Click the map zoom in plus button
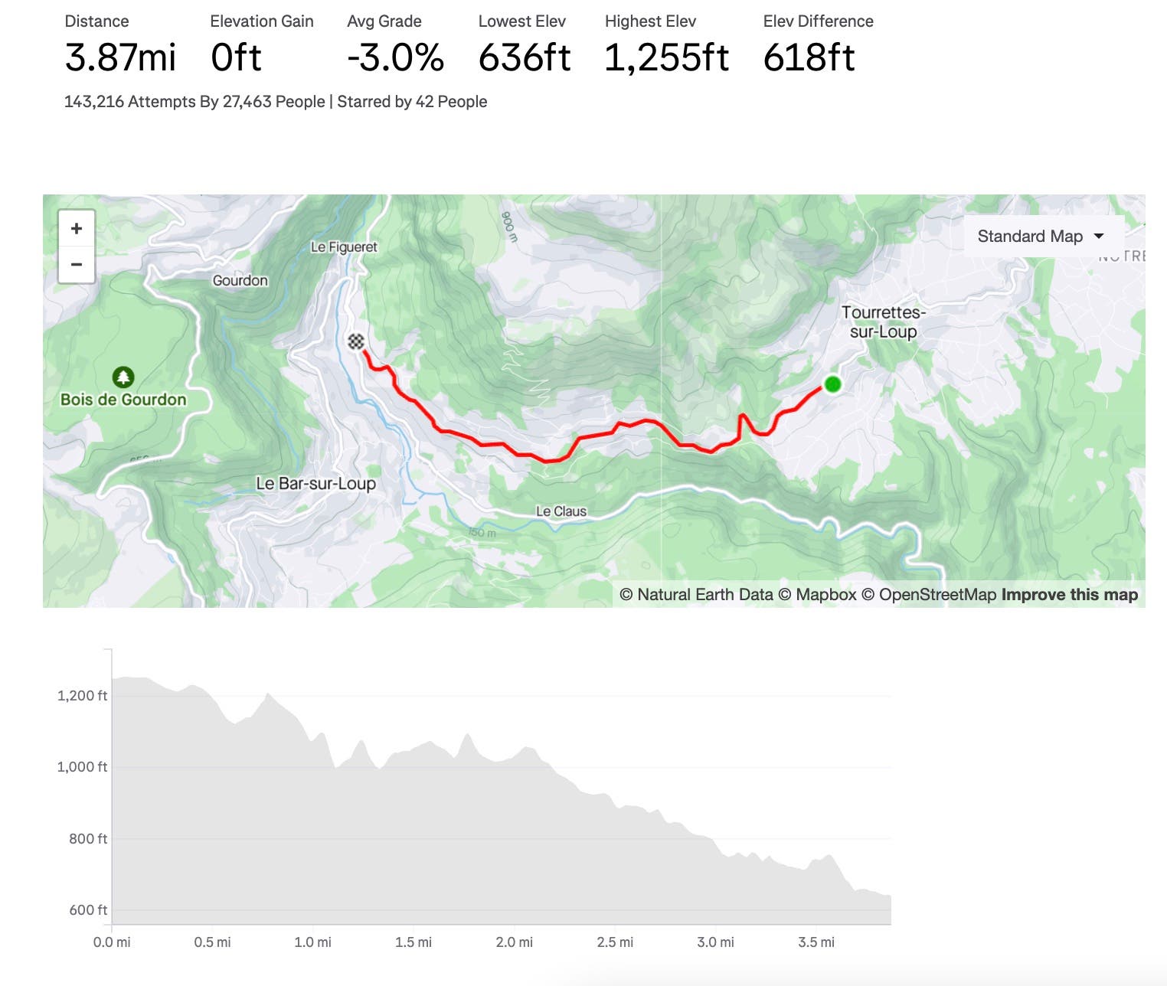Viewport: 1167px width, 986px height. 77,228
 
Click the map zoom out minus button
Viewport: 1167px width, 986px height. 77,265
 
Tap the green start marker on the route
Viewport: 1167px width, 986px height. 832,384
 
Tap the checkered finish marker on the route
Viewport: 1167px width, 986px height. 356,341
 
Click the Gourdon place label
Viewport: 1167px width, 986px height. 240,280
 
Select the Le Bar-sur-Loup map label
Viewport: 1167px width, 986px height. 315,484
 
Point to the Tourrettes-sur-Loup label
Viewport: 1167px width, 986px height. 883,322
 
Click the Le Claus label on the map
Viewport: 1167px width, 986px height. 561,511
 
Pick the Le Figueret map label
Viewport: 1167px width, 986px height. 344,247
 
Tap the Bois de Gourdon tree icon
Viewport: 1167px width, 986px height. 123,377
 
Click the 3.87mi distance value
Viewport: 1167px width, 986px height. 120,58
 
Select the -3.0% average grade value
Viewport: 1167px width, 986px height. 395,58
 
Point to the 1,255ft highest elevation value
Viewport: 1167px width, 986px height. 666,58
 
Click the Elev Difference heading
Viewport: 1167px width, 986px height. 818,21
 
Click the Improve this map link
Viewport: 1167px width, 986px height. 1069,595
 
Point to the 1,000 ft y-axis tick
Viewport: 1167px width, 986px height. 82,767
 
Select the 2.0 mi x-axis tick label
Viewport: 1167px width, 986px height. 514,942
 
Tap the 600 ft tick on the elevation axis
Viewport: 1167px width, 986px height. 88,910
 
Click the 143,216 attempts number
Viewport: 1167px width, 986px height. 94,102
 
